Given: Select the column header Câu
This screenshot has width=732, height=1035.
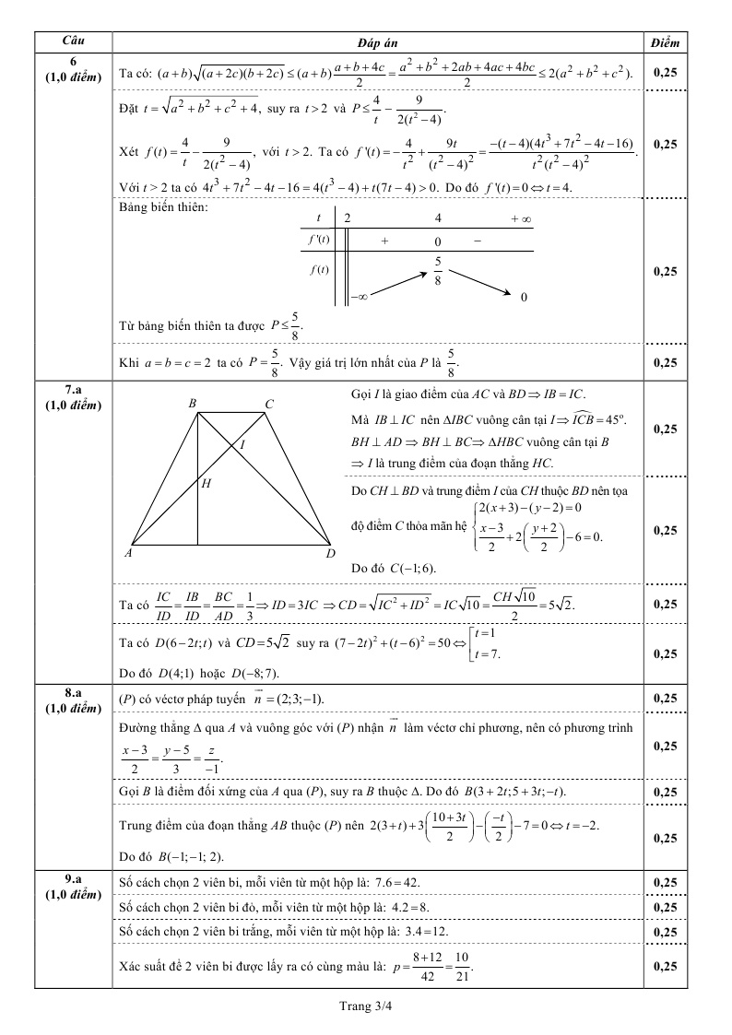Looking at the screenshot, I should (x=73, y=42).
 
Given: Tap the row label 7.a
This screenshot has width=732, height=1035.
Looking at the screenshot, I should (x=73, y=394).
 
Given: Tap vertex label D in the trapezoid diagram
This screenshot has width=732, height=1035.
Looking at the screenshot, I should (x=329, y=554).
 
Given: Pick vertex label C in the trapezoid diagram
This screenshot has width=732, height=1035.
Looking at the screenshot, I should (x=268, y=404).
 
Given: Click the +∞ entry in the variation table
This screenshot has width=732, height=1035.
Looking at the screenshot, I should (x=521, y=218).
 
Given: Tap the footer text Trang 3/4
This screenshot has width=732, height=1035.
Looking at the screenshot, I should (x=366, y=1006).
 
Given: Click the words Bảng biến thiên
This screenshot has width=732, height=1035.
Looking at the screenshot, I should (x=165, y=206).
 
